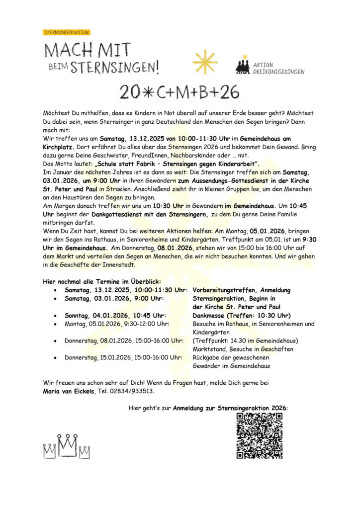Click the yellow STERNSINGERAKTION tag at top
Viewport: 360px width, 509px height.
67,32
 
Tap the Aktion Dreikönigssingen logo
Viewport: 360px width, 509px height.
269,66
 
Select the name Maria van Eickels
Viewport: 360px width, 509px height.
69,391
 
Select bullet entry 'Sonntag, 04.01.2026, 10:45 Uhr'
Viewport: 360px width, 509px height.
115,315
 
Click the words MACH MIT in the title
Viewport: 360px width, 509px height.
88,50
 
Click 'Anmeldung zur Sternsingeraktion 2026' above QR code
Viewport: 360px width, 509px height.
230,408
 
